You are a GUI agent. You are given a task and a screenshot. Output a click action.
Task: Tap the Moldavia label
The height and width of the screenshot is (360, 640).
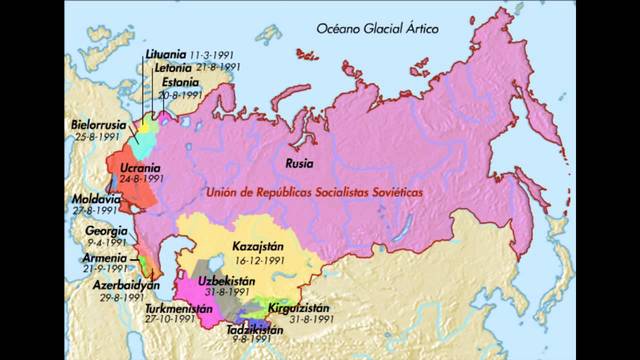pyautogui.click(x=96, y=199)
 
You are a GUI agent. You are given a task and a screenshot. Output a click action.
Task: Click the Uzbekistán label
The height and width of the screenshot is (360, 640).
pyautogui.click(x=224, y=281)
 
